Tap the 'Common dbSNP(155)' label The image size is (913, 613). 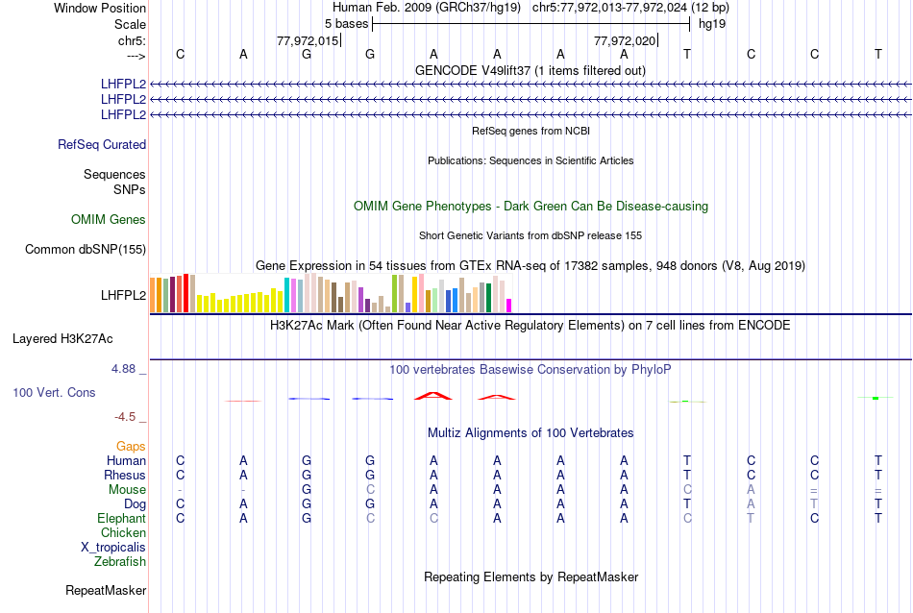(x=86, y=250)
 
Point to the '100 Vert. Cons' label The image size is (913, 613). (x=54, y=393)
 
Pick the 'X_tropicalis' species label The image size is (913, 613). (x=113, y=548)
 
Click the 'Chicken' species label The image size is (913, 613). (x=124, y=533)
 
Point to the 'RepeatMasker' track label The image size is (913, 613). (x=106, y=590)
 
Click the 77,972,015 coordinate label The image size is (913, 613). (x=308, y=40)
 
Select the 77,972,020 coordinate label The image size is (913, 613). (x=626, y=40)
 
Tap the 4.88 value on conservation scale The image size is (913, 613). (x=127, y=369)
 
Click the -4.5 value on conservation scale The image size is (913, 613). (x=129, y=417)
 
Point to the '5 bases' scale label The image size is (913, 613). (x=346, y=22)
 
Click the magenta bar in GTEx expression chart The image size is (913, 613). (x=509, y=306)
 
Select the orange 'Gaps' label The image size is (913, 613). (x=131, y=447)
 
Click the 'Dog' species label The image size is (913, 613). (x=134, y=504)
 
